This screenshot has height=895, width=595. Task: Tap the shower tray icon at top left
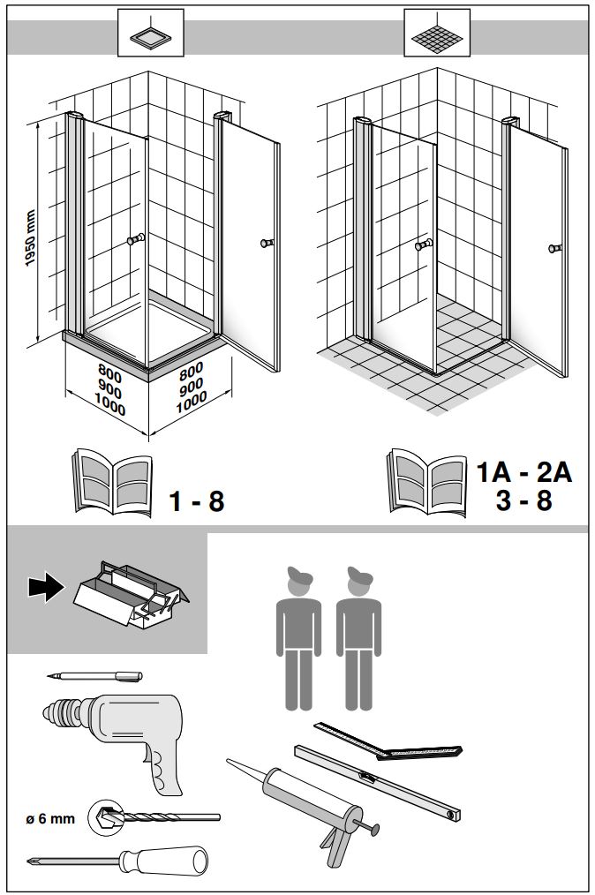150,35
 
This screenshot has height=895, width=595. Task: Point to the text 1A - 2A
524,472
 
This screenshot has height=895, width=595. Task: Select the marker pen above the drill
94,676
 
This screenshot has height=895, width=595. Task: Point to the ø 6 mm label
49,819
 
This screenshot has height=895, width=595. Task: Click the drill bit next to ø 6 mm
159,818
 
